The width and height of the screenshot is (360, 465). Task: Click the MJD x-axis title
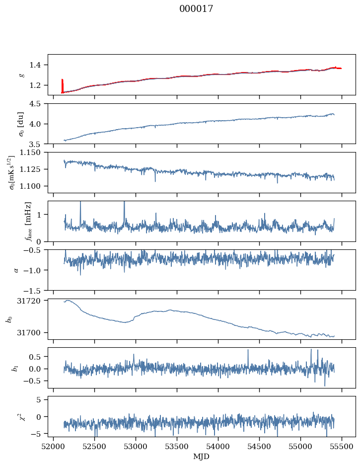pos(202,457)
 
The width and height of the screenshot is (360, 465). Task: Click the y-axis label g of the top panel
pos(21,75)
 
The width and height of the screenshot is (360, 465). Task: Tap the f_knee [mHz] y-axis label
pos(28,221)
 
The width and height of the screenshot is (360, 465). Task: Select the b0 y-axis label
pos(8,319)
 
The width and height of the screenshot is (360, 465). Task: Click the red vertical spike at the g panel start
pos(62,85)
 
